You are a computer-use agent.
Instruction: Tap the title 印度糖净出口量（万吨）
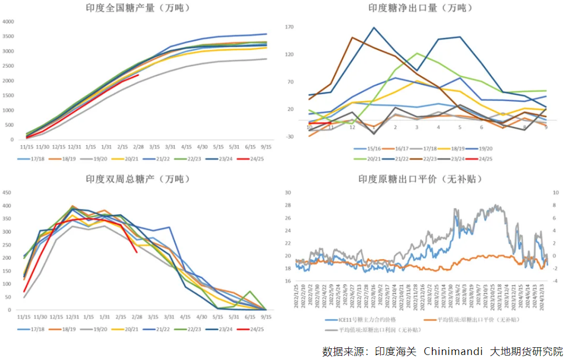pos(420,8)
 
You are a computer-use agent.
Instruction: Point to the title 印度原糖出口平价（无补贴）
pos(420,179)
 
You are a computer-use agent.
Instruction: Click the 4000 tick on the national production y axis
pos(8,22)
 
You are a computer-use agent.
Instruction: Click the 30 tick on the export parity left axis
pos(288,193)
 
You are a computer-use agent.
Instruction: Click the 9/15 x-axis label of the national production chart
pos(267,147)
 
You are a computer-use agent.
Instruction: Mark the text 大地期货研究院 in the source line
pos(526,352)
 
